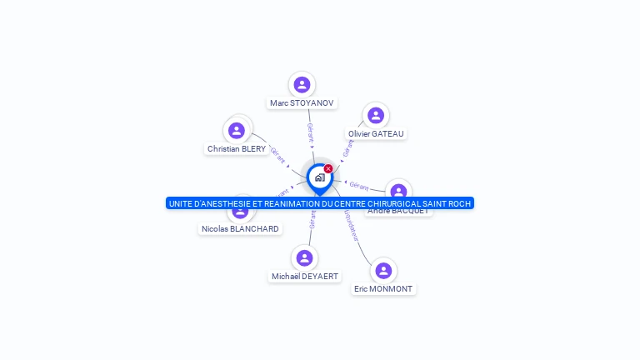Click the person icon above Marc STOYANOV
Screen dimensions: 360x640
point(302,84)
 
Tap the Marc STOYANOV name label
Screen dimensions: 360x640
point(302,103)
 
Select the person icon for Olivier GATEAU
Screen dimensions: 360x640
point(376,115)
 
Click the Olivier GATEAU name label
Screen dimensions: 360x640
point(376,133)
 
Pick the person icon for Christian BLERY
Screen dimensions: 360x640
point(237,130)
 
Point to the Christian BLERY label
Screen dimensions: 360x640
point(237,149)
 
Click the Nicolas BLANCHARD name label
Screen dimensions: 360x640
point(240,228)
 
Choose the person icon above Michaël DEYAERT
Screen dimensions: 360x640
point(304,258)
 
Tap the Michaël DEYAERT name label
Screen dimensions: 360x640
point(304,277)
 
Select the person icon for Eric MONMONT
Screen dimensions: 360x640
point(383,270)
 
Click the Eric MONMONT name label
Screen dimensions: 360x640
point(383,289)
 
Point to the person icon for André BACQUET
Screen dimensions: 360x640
point(399,191)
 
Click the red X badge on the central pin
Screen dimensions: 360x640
point(328,169)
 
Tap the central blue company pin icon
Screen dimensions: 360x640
point(319,177)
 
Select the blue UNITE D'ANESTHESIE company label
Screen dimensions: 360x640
point(319,203)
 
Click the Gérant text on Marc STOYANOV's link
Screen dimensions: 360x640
point(310,132)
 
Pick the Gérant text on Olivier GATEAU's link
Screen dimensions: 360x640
point(349,147)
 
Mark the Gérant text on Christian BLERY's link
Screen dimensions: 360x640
point(277,156)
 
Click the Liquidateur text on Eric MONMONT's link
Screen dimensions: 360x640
point(350,225)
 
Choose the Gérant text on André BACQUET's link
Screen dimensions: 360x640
point(359,185)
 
